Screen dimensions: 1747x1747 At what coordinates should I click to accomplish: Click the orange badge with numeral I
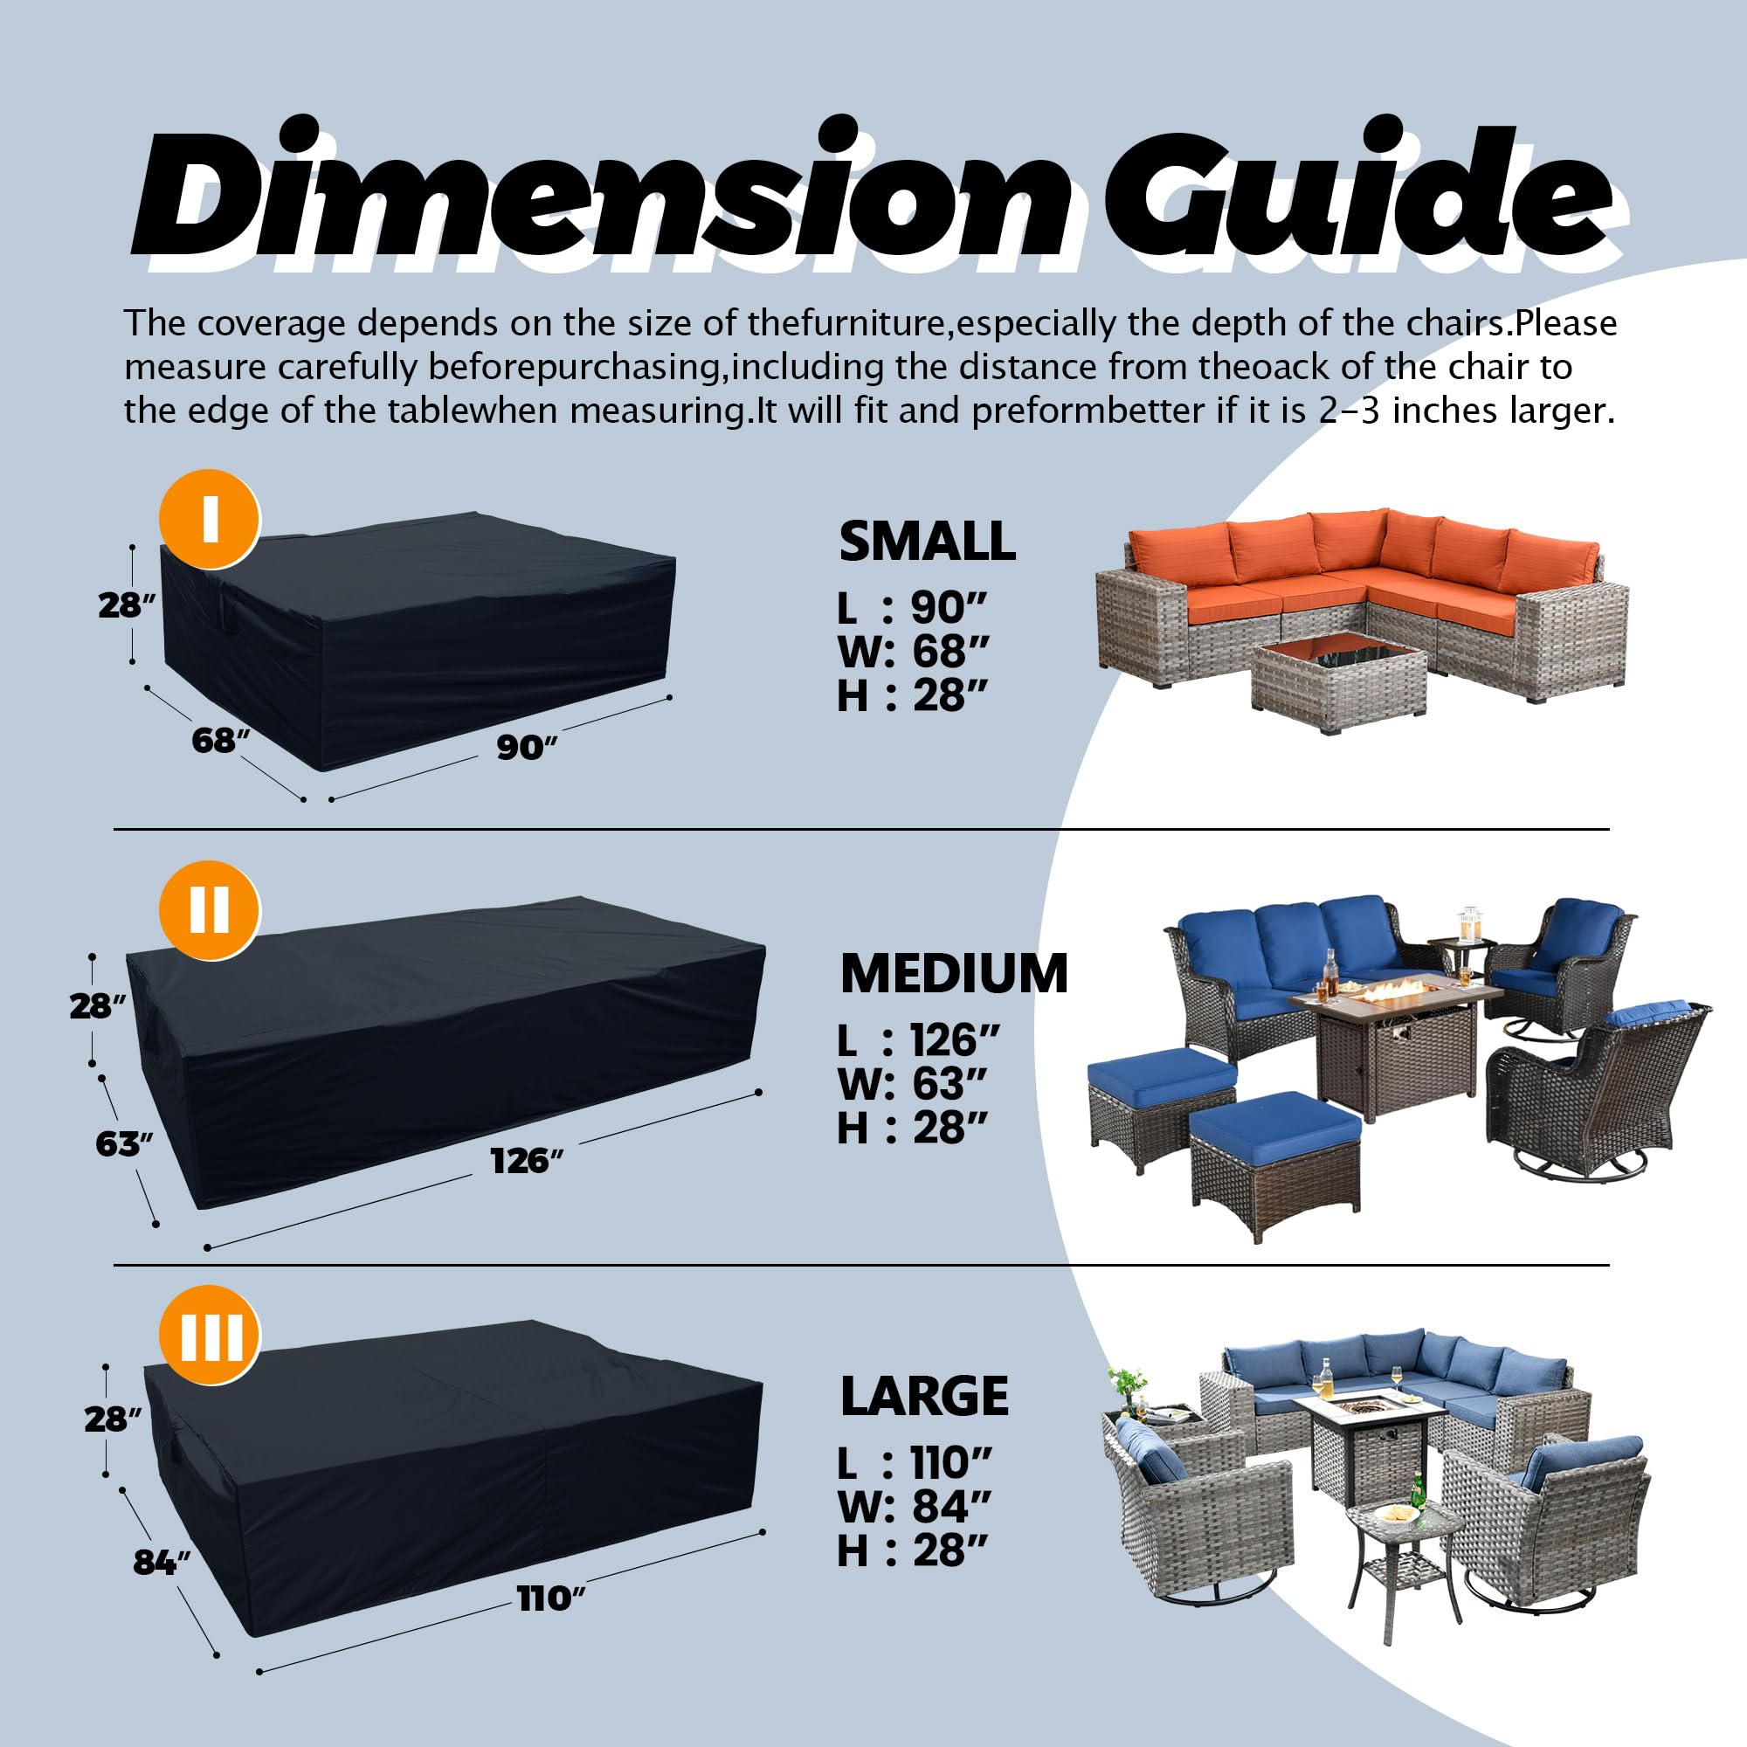[210, 520]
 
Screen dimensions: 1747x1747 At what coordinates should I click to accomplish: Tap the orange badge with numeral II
[210, 909]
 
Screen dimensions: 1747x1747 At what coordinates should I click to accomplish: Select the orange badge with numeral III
[210, 1335]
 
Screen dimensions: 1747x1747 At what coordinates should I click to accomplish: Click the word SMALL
[927, 542]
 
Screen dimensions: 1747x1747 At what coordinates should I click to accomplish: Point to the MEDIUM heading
[954, 974]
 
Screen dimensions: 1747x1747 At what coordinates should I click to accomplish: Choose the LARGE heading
[924, 1396]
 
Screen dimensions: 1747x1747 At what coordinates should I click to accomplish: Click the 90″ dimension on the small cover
[526, 748]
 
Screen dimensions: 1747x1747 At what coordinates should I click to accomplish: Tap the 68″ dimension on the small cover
[220, 741]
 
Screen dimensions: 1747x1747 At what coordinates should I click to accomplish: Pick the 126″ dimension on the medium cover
[526, 1160]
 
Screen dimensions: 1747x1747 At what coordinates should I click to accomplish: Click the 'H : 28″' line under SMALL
[911, 695]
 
